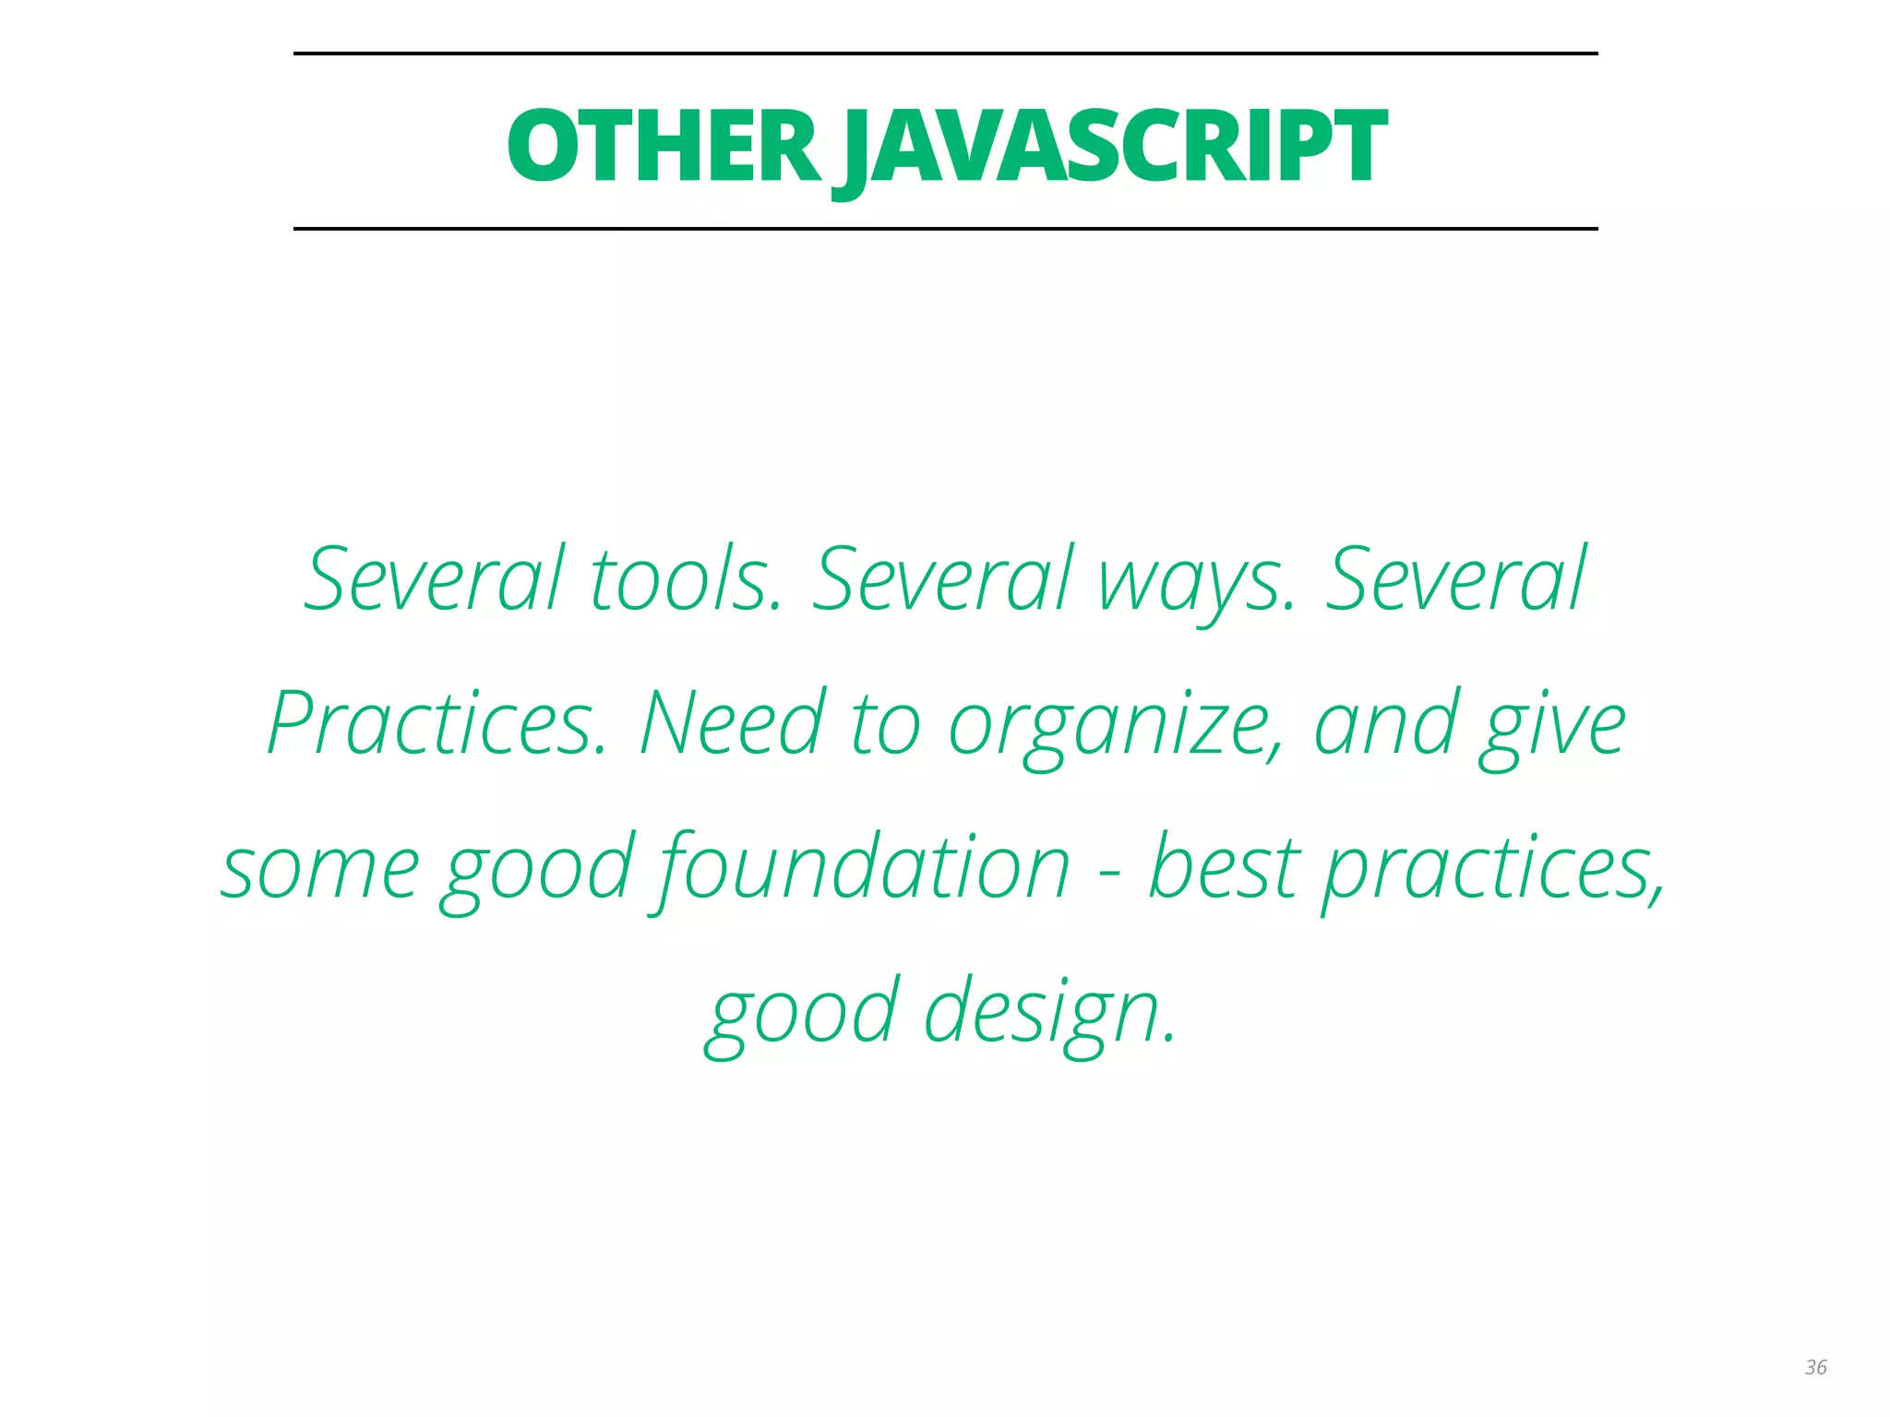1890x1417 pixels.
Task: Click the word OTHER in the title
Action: pos(663,146)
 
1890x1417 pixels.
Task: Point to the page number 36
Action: pos(1815,1367)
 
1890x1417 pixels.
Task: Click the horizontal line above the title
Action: pos(945,54)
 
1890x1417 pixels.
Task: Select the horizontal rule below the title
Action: pos(945,228)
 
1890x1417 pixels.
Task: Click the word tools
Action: pos(686,579)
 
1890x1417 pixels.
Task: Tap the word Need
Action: pos(732,724)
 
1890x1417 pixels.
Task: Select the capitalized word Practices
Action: pos(437,724)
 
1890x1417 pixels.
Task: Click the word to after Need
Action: pos(886,724)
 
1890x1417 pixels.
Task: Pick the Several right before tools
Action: pos(434,579)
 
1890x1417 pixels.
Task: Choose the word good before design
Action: pos(802,1013)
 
